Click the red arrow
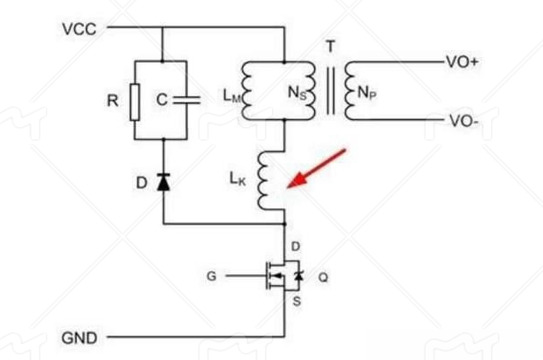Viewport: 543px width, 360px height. click(x=317, y=168)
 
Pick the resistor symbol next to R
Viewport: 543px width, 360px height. click(x=134, y=101)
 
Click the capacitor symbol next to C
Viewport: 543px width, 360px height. click(x=186, y=101)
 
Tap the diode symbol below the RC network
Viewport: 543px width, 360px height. click(x=163, y=183)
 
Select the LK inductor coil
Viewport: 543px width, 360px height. click(x=264, y=183)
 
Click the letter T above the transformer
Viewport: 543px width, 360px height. click(x=330, y=47)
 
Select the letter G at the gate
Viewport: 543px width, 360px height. click(x=211, y=277)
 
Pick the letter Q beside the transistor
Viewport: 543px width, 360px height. click(x=322, y=277)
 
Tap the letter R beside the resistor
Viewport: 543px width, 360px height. click(x=112, y=101)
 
